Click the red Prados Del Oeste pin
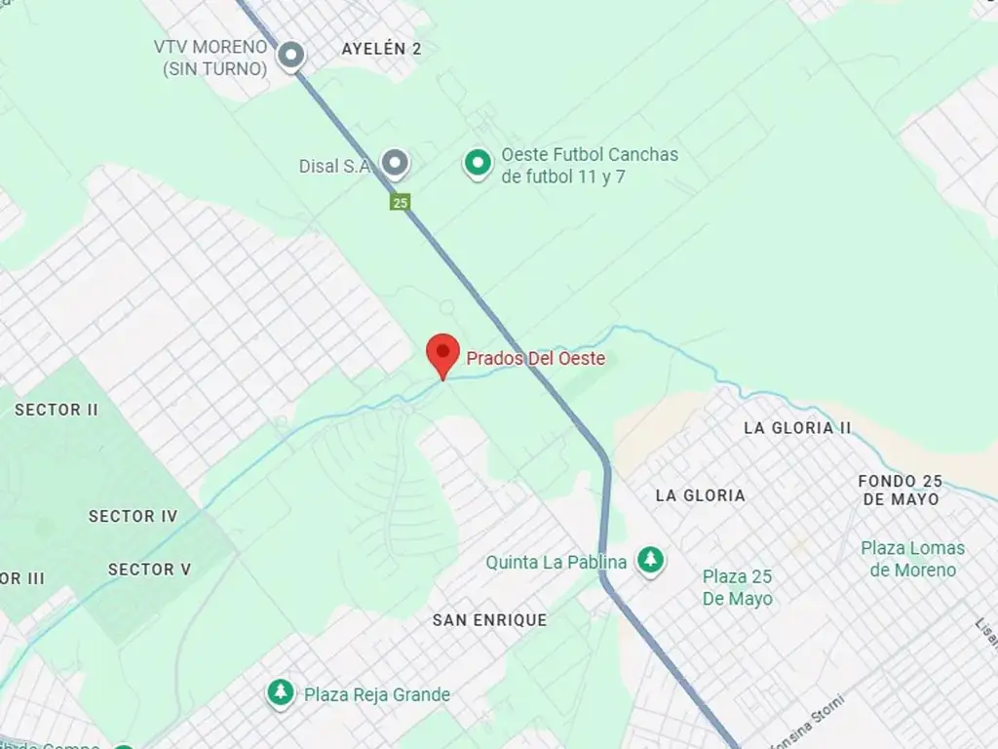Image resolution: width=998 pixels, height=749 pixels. coord(443,353)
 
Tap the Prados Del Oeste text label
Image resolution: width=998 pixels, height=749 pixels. coord(535,359)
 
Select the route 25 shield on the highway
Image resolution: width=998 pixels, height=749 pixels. coord(400,203)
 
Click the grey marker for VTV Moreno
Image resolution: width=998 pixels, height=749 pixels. coord(290,56)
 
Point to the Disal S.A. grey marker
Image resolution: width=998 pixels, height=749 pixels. coord(394,164)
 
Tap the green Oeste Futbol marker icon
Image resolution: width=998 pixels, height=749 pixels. coord(477,164)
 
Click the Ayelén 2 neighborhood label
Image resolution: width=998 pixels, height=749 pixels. coord(381,49)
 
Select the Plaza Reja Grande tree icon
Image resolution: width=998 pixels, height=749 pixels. coord(281,693)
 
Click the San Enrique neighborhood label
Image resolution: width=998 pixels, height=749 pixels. coord(489,620)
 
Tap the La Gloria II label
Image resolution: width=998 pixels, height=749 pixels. coord(796,428)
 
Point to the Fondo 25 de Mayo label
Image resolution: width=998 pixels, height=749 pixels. coord(901,490)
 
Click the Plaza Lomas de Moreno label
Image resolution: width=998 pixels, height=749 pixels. coord(912,559)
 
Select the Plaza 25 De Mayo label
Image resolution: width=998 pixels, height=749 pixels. coord(738,587)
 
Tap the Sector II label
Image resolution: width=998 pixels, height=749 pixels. coord(57,410)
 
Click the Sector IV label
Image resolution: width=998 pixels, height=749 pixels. coord(134,516)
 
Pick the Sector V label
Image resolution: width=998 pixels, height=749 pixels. coord(149,570)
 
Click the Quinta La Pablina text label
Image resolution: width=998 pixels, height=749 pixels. coord(557,563)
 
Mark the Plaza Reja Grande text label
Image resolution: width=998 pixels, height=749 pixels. coord(377,694)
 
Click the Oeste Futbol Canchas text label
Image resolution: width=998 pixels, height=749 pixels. coord(589,165)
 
